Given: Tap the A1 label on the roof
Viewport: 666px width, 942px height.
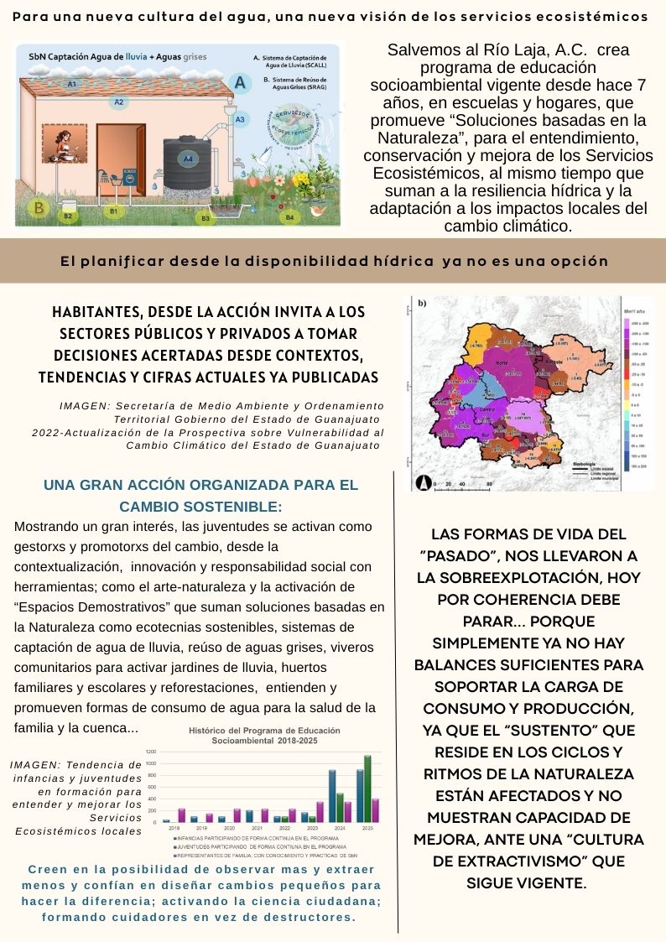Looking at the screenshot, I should tap(72, 85).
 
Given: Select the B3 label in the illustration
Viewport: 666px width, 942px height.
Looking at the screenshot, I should tap(206, 218).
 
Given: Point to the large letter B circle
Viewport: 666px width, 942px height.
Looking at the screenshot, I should tap(37, 208).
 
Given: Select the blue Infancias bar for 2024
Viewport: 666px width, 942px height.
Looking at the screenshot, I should tap(332, 795).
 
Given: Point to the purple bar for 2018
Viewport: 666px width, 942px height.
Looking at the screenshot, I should tap(182, 814).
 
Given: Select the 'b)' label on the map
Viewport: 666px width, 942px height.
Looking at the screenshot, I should tap(422, 303).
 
